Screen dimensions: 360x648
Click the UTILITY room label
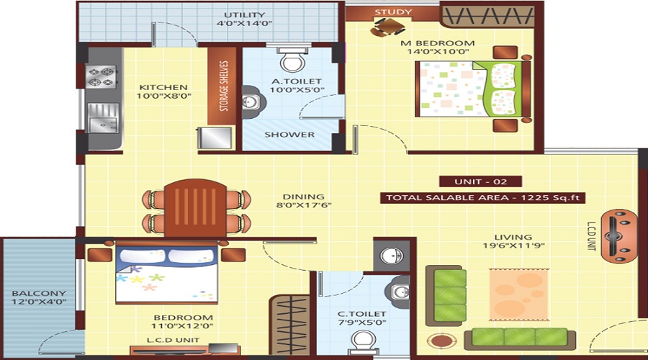point(244,15)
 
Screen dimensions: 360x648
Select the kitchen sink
point(102,117)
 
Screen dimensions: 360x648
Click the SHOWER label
point(289,135)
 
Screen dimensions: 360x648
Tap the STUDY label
point(393,12)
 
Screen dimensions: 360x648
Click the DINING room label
point(303,197)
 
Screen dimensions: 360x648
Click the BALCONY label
point(38,294)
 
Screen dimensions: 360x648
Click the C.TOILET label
point(362,314)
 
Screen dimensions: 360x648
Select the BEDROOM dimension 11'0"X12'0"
point(182,326)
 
